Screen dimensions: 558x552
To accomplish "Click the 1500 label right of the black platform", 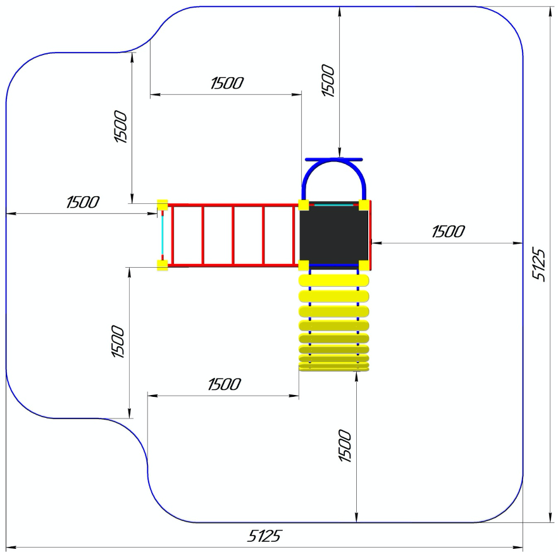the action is [x=448, y=232].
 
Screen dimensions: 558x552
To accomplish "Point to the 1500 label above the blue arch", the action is [x=328, y=80].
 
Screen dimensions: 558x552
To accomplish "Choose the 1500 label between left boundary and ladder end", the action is [x=82, y=203].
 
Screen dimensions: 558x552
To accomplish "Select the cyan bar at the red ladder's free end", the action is [x=162, y=235].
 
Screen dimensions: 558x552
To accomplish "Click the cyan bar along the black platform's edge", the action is [x=333, y=205].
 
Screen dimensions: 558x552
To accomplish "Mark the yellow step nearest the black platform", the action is [x=333, y=280].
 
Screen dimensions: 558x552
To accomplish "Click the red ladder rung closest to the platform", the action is [x=294, y=235].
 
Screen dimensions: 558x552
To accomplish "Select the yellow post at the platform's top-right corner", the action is [x=364, y=204].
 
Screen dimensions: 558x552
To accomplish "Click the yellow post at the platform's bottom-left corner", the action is [x=304, y=265].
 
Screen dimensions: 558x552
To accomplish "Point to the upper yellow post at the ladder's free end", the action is [x=163, y=204].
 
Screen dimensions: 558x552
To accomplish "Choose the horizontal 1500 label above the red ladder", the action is [x=226, y=83].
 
